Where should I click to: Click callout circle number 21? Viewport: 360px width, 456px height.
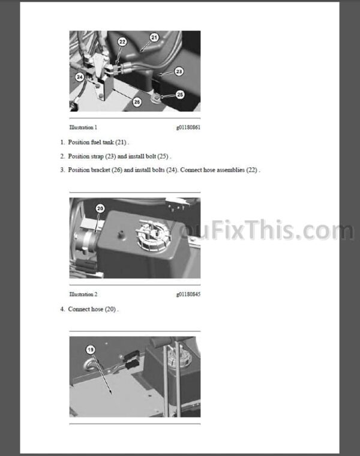click(x=154, y=37)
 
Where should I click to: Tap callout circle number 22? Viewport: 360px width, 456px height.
click(x=122, y=42)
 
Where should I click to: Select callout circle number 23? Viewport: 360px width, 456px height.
click(x=179, y=71)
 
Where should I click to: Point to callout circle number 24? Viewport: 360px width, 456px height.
click(x=80, y=77)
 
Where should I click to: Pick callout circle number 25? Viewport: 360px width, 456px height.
click(x=180, y=94)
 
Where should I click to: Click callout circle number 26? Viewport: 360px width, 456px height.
click(x=137, y=102)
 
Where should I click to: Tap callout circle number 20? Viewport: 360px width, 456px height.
click(x=100, y=208)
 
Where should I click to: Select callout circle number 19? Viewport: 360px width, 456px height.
click(x=91, y=350)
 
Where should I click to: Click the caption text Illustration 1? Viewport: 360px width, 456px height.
click(x=83, y=127)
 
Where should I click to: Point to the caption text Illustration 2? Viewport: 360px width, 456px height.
click(x=83, y=295)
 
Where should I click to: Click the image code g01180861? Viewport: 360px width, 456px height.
click(x=188, y=127)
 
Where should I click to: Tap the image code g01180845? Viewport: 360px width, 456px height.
click(x=188, y=295)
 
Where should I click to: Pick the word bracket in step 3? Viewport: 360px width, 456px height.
click(x=100, y=170)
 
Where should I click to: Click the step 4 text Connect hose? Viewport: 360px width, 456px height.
click(x=85, y=309)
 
